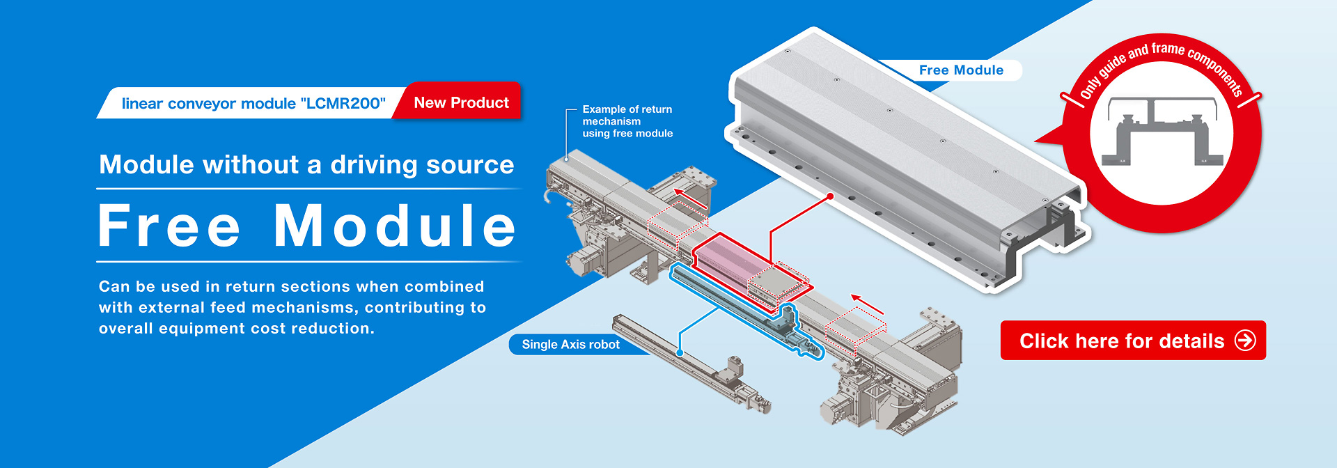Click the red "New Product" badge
point(461,102)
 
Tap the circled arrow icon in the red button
point(1244,341)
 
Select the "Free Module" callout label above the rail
point(961,70)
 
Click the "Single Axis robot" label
point(570,345)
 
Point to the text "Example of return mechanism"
point(627,115)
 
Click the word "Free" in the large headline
point(169,226)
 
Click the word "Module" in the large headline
point(395,226)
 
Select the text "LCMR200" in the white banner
point(343,103)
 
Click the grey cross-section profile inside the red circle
point(1162,132)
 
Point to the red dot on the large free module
point(830,196)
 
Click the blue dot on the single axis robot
point(680,352)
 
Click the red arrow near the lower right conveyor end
point(867,304)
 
